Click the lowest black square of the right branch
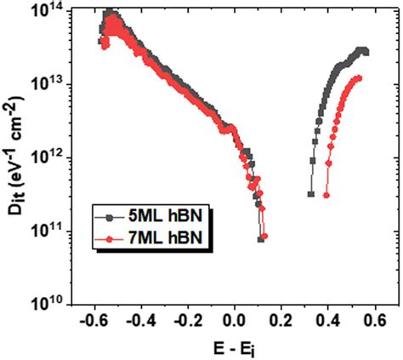click(310, 195)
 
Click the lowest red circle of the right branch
click(326, 196)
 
